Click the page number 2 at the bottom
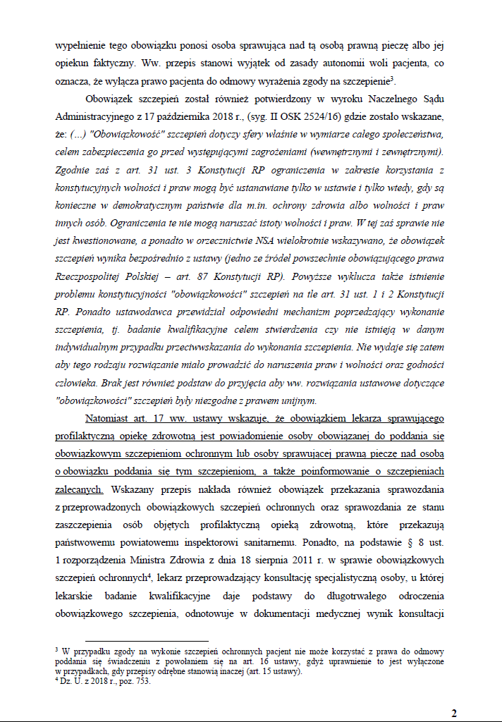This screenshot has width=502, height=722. (454, 713)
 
